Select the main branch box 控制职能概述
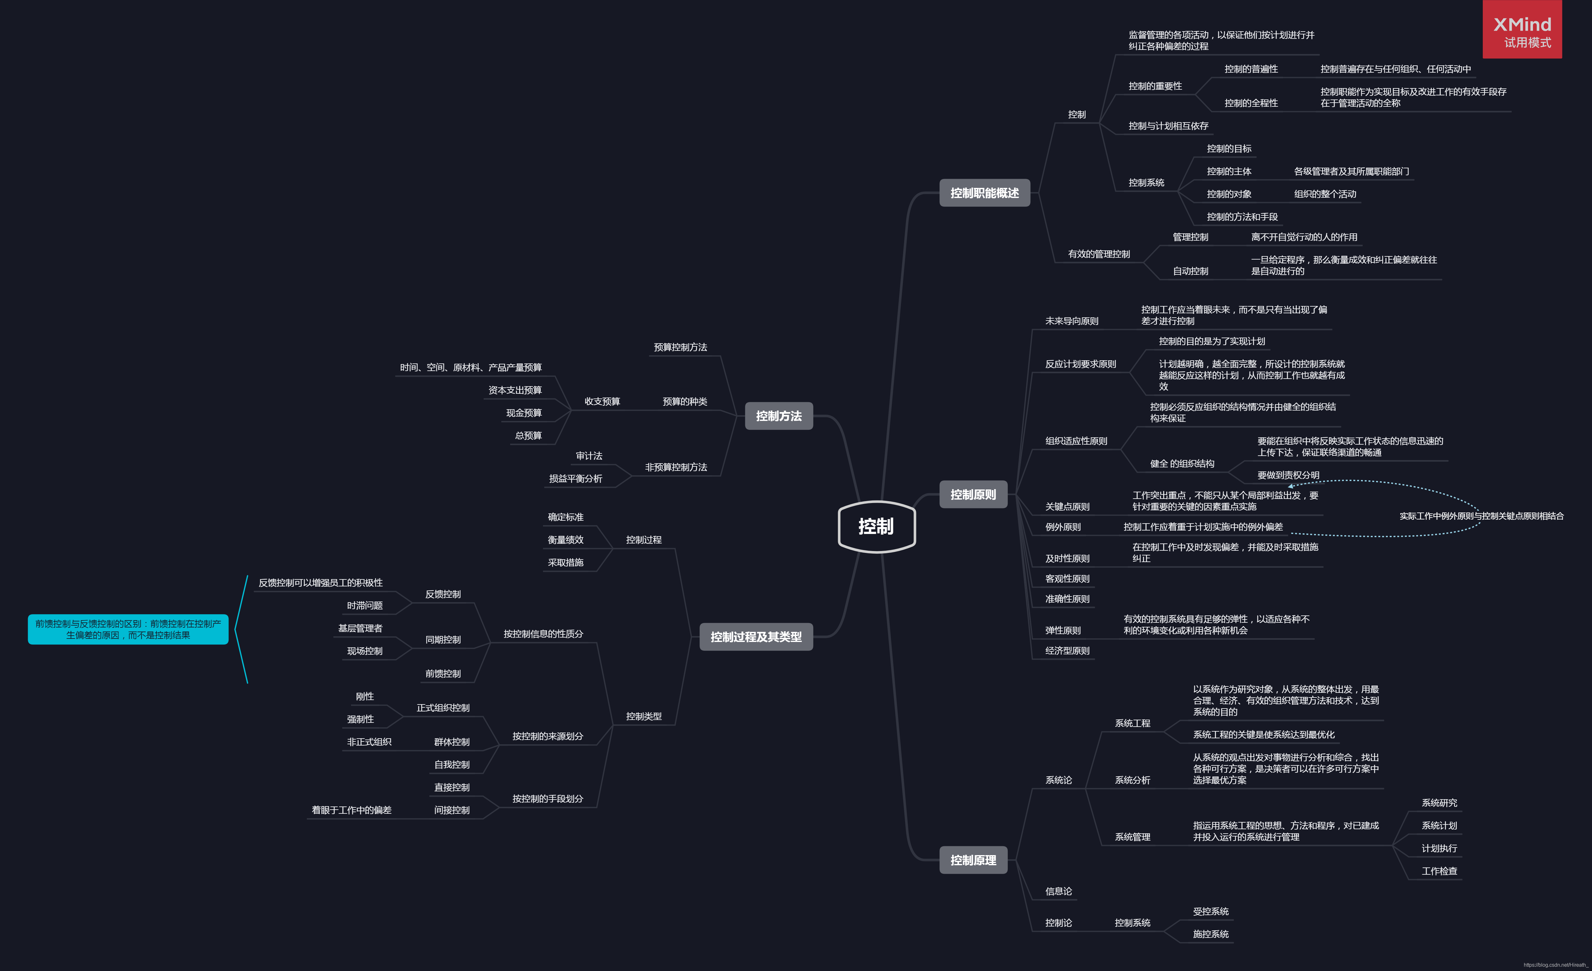(x=984, y=193)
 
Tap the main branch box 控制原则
(x=973, y=494)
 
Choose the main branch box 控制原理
(x=973, y=860)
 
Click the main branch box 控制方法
(x=778, y=416)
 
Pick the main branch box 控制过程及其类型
(x=756, y=637)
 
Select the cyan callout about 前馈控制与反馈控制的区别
(x=128, y=629)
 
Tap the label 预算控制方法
(x=680, y=347)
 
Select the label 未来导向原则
(x=1071, y=321)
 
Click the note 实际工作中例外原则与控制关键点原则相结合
(x=1481, y=516)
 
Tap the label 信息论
(x=1058, y=891)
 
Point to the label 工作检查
(x=1439, y=871)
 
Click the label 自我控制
(x=452, y=764)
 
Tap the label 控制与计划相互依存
(x=1168, y=125)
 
